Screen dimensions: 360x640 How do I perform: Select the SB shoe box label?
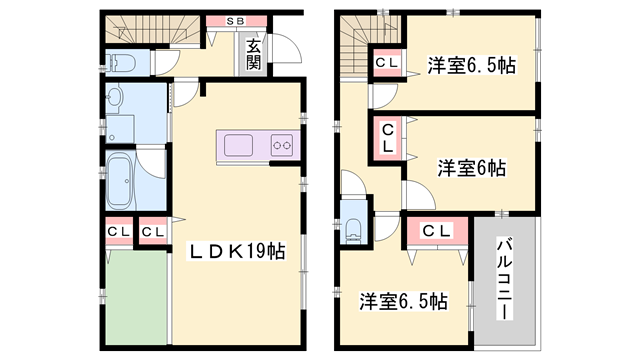tap(237, 20)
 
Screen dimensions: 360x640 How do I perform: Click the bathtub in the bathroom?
tap(119, 181)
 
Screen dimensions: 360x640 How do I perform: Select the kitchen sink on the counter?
tap(243, 146)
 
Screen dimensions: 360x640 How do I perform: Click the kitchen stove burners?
tap(281, 146)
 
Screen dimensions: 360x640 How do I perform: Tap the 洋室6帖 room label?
tap(471, 168)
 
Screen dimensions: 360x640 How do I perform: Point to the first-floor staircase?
tap(150, 33)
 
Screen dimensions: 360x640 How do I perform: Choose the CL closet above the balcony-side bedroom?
tap(437, 232)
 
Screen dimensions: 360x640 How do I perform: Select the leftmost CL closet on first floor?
tap(118, 233)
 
